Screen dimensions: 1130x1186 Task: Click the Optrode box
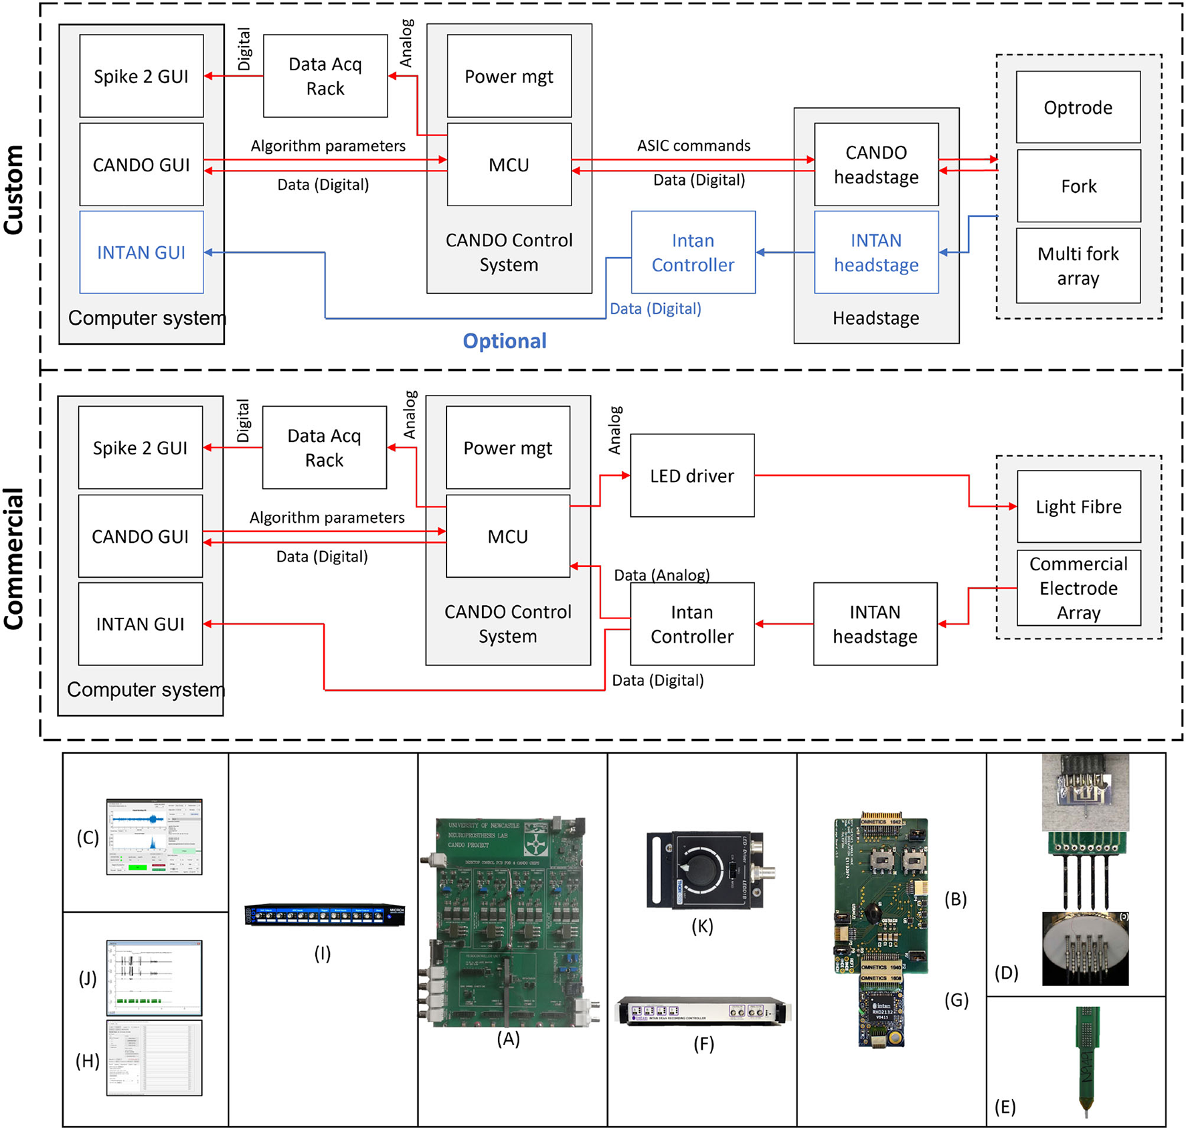point(1078,107)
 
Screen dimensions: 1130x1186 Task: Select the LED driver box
point(692,476)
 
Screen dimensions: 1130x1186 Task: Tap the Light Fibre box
point(1078,507)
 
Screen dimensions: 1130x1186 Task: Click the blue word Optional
point(505,341)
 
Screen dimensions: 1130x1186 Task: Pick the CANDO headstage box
point(876,165)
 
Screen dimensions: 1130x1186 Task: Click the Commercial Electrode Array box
point(1078,588)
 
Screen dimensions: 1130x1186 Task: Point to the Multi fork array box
point(1078,266)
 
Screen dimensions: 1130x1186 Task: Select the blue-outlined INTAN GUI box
point(141,252)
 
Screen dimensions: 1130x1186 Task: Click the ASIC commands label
point(693,145)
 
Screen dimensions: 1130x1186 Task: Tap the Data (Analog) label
point(662,575)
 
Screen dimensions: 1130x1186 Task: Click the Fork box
point(1078,186)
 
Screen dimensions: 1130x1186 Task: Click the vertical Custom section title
point(14,190)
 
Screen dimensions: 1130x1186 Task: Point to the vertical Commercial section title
point(14,558)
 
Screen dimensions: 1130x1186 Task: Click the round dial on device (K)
point(701,870)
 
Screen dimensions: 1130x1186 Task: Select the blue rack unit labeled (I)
point(325,914)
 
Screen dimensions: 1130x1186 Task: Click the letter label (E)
point(1005,1107)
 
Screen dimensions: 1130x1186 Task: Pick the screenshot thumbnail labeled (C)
point(154,837)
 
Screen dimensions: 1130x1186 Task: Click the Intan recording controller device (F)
point(703,1011)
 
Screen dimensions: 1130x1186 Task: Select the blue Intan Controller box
point(693,252)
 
